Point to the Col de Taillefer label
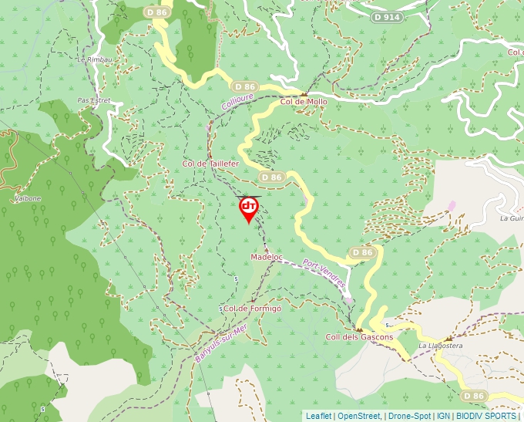[x=210, y=164]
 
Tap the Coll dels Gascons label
[x=359, y=336]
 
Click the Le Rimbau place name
[x=91, y=59]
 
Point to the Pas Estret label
[x=94, y=100]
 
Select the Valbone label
[x=27, y=198]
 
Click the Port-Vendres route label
[x=324, y=274]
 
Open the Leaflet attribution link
[x=318, y=416]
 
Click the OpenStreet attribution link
[x=359, y=416]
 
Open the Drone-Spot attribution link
[x=409, y=416]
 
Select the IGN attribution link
[x=443, y=416]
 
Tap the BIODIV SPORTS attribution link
[x=485, y=416]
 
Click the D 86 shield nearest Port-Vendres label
[x=362, y=252]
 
